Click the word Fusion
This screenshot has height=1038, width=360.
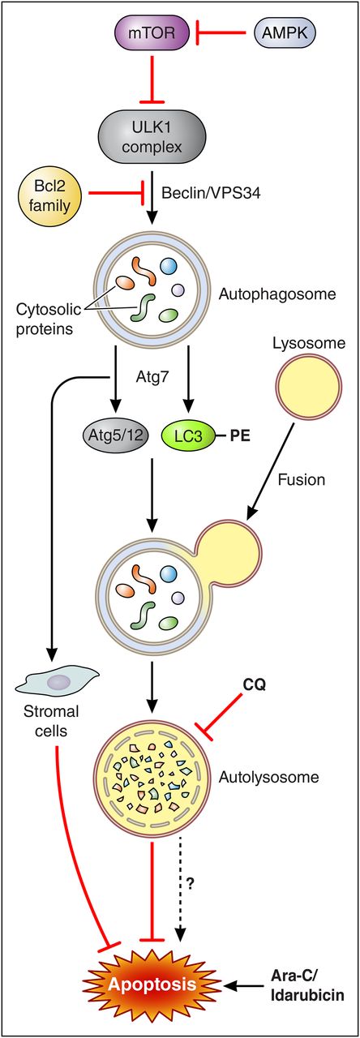(x=302, y=480)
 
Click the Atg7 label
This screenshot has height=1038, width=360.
(x=151, y=375)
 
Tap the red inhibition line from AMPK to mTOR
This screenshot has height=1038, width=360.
(x=219, y=34)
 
